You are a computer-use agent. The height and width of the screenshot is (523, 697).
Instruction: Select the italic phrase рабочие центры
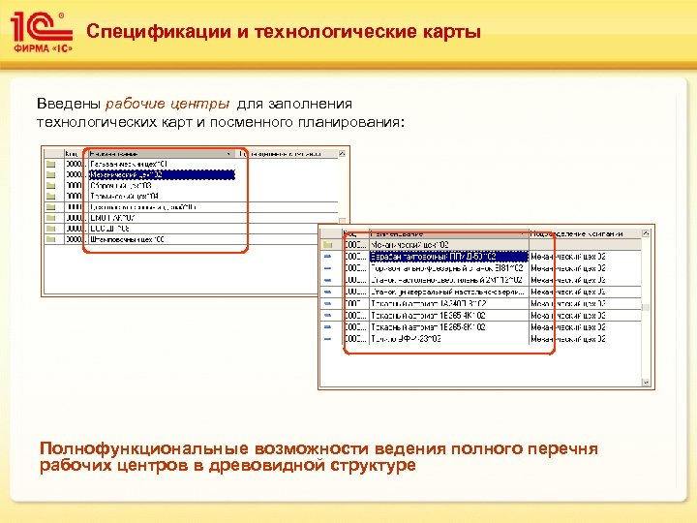click(167, 104)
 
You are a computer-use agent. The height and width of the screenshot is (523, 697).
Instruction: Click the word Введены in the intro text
click(68, 104)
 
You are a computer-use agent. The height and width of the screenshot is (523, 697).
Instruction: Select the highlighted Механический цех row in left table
click(160, 175)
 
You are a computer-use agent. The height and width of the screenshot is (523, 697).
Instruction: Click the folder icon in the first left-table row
click(50, 165)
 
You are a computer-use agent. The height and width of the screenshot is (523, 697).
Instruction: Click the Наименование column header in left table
click(121, 153)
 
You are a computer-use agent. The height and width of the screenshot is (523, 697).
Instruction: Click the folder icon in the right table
click(327, 246)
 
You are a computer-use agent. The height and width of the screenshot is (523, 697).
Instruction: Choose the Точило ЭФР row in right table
click(407, 340)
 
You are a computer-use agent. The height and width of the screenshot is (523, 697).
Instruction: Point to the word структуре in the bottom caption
click(372, 466)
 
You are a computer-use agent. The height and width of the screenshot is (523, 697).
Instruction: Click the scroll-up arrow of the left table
click(342, 153)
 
